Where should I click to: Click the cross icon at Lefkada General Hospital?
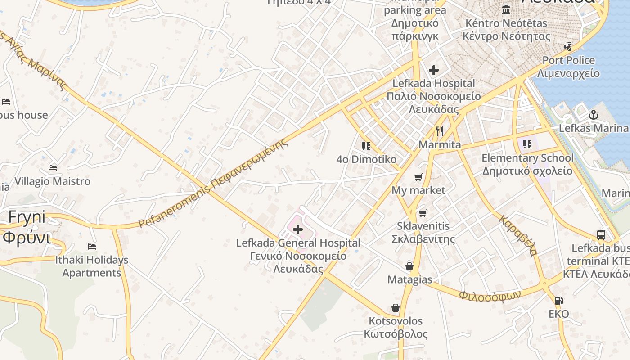[297, 230]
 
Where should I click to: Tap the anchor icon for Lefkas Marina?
[593, 115]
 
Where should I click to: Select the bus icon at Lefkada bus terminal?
[601, 234]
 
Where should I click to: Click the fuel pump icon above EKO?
[558, 300]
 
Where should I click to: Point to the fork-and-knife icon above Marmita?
[440, 131]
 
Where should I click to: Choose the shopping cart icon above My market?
[418, 177]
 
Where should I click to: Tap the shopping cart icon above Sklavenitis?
[423, 213]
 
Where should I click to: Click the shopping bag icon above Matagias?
[409, 266]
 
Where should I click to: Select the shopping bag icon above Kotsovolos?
[396, 308]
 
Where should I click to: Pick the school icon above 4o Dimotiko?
[366, 146]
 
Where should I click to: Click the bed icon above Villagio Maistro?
[53, 168]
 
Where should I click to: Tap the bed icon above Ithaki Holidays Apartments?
[92, 246]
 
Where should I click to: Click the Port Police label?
[568, 60]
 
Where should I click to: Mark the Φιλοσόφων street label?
[490, 295]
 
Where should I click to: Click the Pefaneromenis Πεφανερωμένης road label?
[212, 184]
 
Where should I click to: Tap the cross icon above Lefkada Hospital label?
[434, 70]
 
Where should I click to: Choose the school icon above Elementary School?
[527, 144]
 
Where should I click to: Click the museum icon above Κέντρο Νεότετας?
[506, 9]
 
